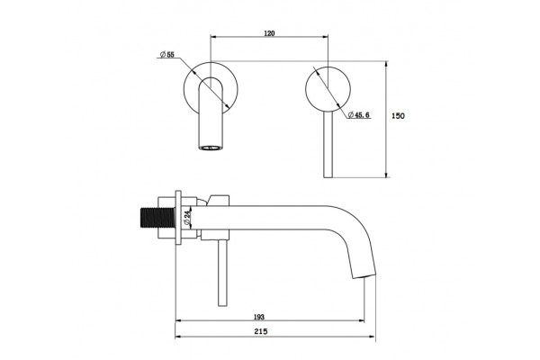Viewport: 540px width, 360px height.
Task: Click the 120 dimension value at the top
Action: tap(269, 33)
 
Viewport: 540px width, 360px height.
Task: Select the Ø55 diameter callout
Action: tap(167, 54)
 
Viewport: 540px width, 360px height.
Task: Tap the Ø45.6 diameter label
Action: tap(359, 114)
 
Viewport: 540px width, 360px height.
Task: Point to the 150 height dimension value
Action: tap(398, 116)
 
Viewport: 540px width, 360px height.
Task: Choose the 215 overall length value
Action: tap(261, 331)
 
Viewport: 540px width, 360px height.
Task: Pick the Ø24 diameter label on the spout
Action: tap(187, 219)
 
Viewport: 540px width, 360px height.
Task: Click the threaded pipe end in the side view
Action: tap(155, 218)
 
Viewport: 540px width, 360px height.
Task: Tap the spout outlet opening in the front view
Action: tap(211, 148)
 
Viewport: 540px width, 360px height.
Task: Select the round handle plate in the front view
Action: tap(328, 88)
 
